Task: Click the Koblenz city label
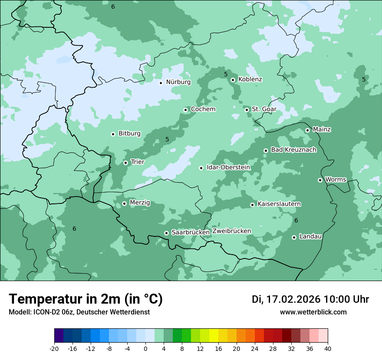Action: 250,79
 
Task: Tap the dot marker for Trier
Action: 125,163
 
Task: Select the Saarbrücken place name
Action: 191,232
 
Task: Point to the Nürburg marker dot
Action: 161,82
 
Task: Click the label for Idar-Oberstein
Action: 228,167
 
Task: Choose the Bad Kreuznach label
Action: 293,150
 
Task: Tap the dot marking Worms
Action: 320,180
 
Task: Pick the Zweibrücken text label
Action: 232,231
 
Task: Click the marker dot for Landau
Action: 294,237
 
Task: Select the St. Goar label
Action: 264,109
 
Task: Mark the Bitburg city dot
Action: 113,134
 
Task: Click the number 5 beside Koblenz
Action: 226,75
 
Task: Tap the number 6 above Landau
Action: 296,221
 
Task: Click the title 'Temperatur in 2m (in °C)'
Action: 86,299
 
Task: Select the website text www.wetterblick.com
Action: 313,312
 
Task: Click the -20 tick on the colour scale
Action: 54,348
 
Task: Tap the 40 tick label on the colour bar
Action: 328,348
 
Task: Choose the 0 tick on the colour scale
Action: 145,348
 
